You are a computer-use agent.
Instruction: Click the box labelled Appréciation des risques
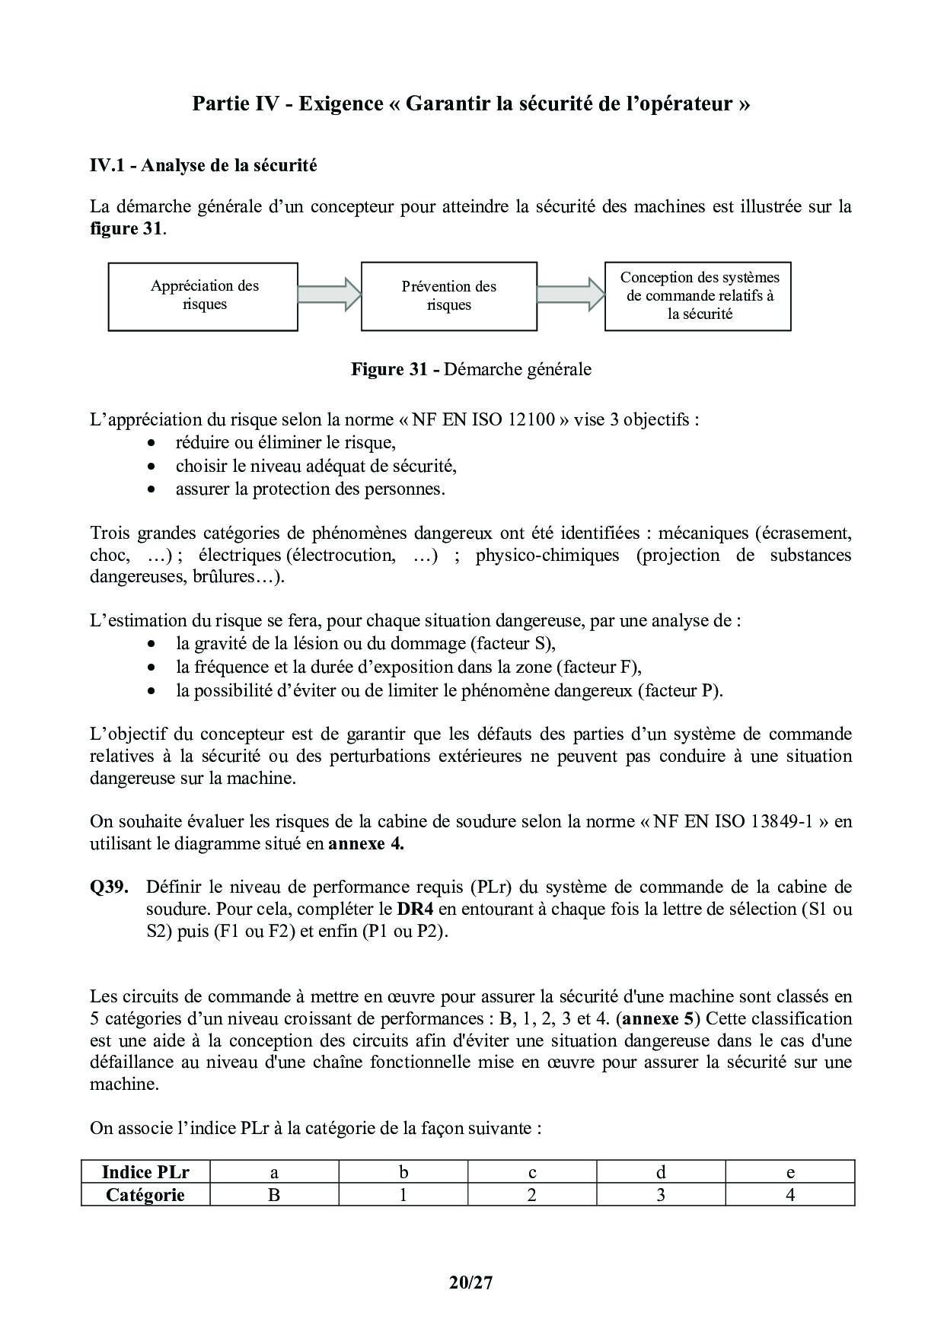click(x=203, y=296)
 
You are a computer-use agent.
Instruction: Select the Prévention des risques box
click(x=448, y=296)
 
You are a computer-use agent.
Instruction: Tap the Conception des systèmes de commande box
click(x=698, y=296)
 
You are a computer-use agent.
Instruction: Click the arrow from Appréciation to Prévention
click(x=329, y=295)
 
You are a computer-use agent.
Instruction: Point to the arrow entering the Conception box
click(x=570, y=295)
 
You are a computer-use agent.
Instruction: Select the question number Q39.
click(x=109, y=887)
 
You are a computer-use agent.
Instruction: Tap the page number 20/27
click(x=471, y=1282)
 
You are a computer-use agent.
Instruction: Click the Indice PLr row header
click(x=145, y=1172)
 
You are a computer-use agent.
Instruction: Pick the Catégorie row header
click(x=145, y=1195)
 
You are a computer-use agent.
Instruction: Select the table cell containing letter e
click(x=790, y=1172)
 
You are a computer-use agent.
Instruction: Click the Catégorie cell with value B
click(x=274, y=1195)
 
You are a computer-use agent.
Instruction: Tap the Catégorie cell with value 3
click(x=661, y=1195)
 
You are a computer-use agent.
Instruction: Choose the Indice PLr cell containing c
click(x=532, y=1172)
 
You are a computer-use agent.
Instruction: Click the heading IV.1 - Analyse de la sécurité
click(x=203, y=165)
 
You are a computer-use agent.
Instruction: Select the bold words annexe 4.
click(x=365, y=844)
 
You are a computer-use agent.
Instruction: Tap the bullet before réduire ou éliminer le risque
click(x=153, y=443)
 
